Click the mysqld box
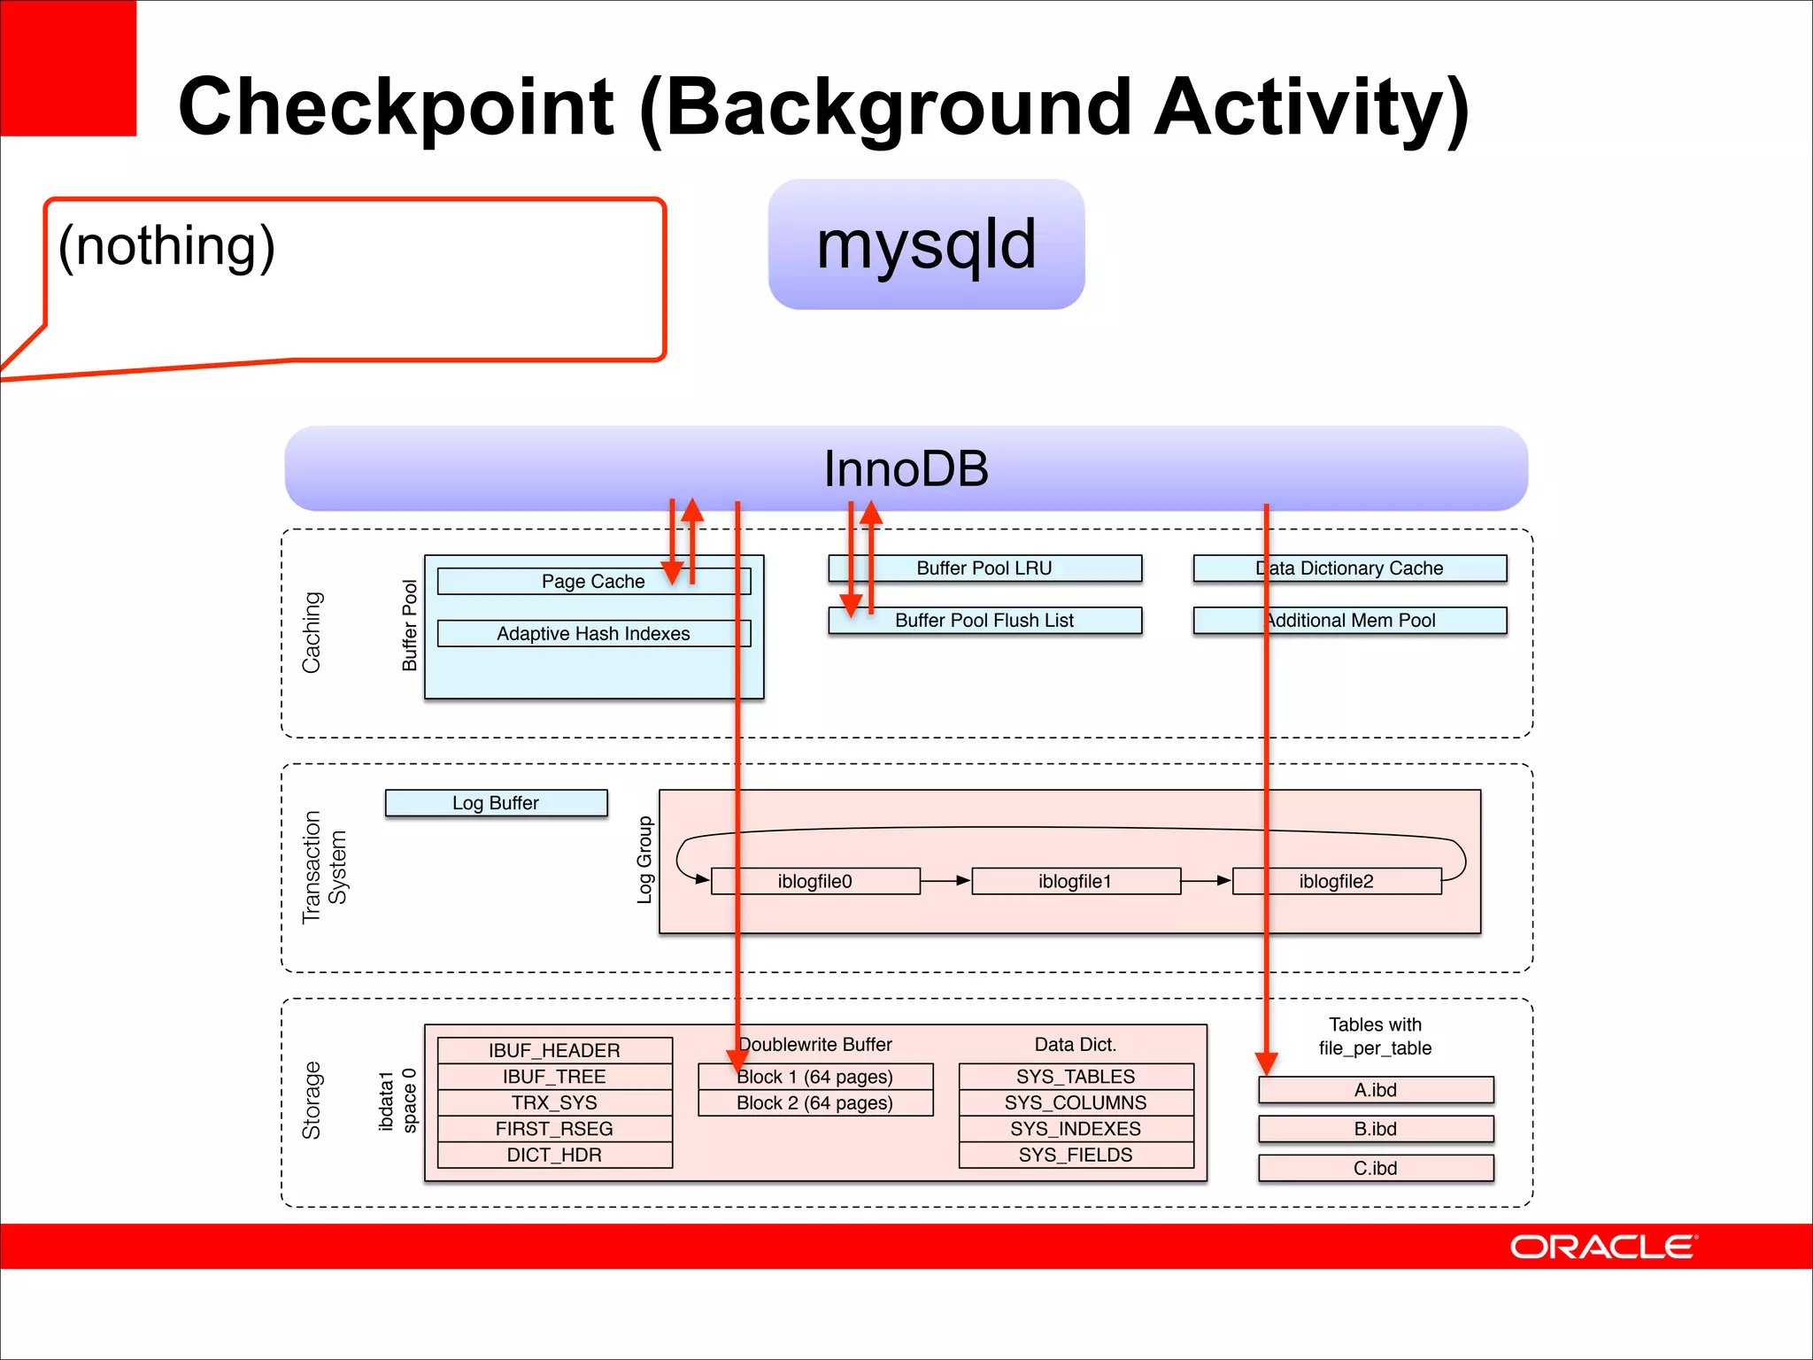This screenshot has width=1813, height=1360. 926,244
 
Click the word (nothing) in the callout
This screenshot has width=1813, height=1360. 166,245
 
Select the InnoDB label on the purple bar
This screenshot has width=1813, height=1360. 906,468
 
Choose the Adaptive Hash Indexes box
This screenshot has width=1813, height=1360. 592,634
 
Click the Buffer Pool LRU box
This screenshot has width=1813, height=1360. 984,568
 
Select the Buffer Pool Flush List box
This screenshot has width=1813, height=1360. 984,621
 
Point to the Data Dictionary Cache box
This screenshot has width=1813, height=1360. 1350,568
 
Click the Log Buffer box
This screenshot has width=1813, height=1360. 496,803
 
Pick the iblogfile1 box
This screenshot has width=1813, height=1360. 1075,881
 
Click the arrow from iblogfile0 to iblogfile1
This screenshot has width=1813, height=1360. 945,881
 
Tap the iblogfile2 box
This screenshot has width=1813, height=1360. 1336,881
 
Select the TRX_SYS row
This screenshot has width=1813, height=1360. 554,1102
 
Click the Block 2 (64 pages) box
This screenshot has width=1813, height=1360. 814,1103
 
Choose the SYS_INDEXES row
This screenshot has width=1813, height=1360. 1076,1129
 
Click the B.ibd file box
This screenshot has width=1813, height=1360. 1375,1129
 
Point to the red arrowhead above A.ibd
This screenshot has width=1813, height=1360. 1266,1062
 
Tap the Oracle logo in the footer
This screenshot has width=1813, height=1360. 1602,1247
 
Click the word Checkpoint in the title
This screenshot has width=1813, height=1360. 396,108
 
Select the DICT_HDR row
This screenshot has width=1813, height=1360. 554,1155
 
